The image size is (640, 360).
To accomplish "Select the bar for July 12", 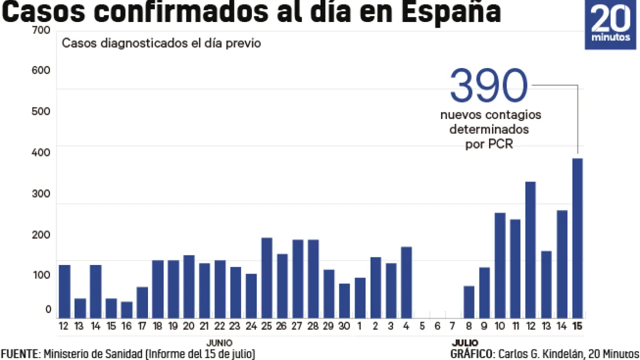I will coord(530,249).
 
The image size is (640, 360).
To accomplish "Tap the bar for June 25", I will coord(267,277).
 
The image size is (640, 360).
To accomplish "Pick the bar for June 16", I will coord(126,309).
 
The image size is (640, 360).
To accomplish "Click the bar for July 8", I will coord(468,301).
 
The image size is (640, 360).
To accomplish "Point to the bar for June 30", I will coord(344,300).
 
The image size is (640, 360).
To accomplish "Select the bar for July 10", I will coord(500,265).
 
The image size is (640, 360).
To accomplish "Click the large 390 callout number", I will coord(488,86).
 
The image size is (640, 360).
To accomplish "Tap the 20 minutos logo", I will coord(610,24).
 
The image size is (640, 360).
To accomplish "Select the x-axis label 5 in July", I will coord(422,326).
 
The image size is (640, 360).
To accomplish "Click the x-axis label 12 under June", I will coord(64,326).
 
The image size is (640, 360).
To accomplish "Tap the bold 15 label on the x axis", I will coord(577,326).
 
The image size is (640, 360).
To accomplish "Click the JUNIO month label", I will coord(219,343).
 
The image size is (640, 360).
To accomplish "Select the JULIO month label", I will coord(465,343).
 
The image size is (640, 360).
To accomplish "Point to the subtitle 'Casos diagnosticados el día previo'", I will coord(161,43).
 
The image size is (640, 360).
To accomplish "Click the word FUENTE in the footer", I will coord(20,354).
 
